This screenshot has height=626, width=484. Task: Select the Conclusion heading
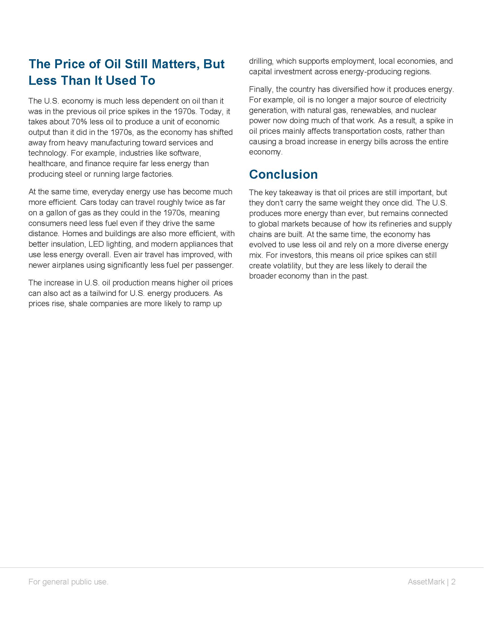pyautogui.click(x=283, y=174)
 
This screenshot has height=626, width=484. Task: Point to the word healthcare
pyautogui.click(x=47, y=164)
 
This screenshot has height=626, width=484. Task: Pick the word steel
pyautogui.click(x=74, y=174)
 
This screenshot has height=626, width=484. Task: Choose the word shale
pyautogui.click(x=78, y=304)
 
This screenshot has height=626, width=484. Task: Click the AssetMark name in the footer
pyautogui.click(x=426, y=588)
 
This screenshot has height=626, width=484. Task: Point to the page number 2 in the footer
pyautogui.click(x=453, y=588)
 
